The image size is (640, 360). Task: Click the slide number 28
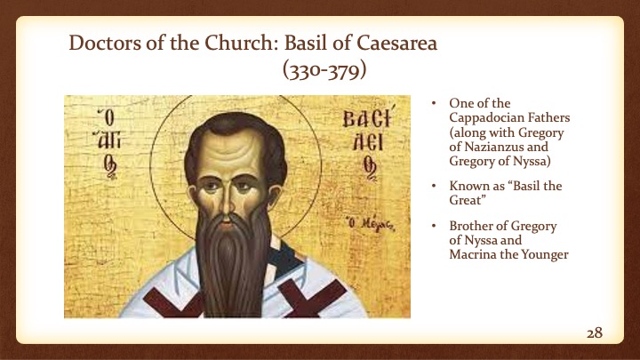click(595, 332)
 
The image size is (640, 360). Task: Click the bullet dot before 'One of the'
click(435, 102)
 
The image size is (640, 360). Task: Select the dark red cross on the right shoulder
click(346, 299)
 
